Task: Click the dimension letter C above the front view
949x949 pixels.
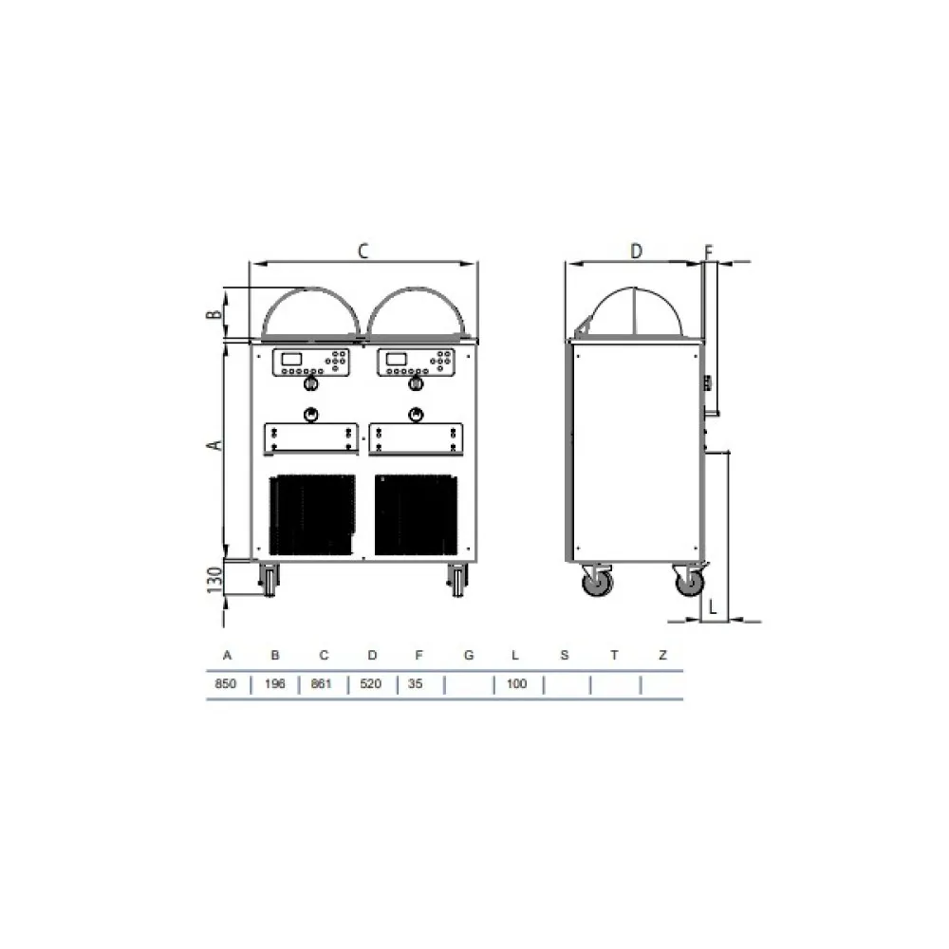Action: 362,251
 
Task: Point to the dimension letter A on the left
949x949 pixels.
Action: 215,443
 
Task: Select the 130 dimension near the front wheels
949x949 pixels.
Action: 215,579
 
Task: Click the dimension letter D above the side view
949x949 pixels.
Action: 637,251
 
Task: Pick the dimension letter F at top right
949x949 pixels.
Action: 708,251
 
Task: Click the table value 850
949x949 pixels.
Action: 227,684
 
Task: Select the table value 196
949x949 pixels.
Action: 275,684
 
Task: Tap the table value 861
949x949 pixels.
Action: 324,684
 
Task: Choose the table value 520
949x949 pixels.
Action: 373,684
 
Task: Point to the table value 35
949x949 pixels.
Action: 416,684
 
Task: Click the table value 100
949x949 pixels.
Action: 517,684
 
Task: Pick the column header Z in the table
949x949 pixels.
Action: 663,656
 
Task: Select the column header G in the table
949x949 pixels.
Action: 468,656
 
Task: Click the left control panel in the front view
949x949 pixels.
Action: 310,362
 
